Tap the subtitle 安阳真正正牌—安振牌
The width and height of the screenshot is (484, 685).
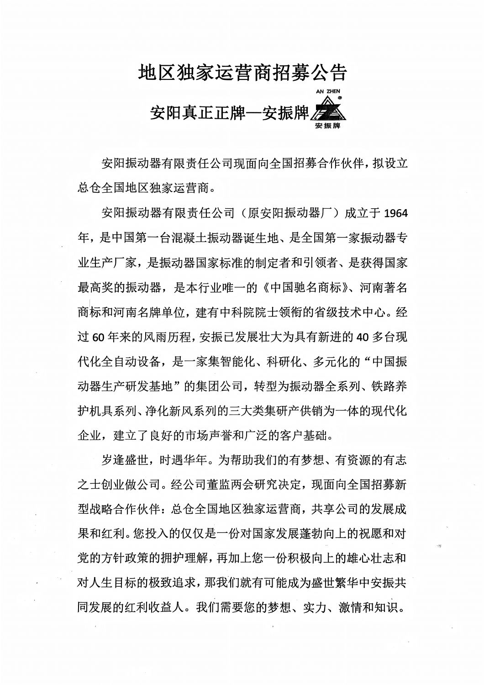(x=229, y=113)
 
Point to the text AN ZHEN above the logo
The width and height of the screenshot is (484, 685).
(x=328, y=91)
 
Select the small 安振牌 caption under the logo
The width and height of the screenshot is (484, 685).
(x=328, y=126)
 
